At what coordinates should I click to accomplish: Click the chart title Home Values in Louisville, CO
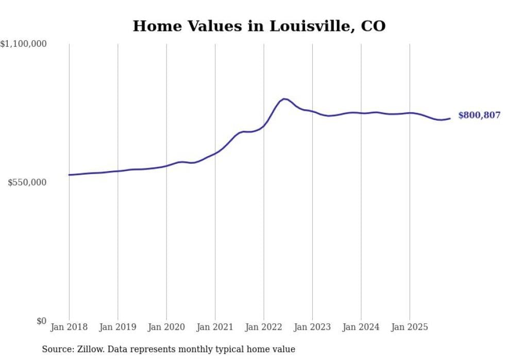click(x=259, y=26)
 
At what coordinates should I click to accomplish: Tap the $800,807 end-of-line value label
click(x=479, y=115)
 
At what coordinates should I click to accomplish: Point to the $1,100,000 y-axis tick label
click(x=24, y=45)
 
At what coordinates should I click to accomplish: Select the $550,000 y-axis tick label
click(x=27, y=182)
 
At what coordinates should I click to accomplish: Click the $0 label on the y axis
click(x=41, y=321)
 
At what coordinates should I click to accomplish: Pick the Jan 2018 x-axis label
click(x=69, y=327)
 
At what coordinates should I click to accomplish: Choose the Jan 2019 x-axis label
click(x=117, y=327)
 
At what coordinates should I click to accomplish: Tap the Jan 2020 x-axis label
click(x=166, y=327)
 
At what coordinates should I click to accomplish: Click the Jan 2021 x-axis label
click(x=215, y=327)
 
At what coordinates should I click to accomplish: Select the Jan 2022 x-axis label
click(x=264, y=327)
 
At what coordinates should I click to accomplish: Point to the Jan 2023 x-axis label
click(x=312, y=327)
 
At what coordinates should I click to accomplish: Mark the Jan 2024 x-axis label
click(x=361, y=327)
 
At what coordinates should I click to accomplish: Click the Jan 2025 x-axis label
click(x=410, y=327)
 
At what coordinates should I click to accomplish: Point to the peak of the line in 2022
click(x=284, y=98)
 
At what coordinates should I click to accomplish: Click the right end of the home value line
click(x=450, y=118)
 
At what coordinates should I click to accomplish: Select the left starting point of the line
click(x=69, y=175)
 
